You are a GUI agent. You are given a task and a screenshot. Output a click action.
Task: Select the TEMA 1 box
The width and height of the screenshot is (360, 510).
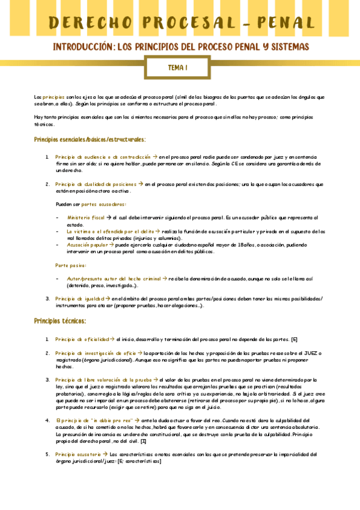(x=178, y=68)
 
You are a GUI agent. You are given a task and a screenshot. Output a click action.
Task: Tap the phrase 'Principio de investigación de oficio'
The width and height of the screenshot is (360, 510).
(x=96, y=353)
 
